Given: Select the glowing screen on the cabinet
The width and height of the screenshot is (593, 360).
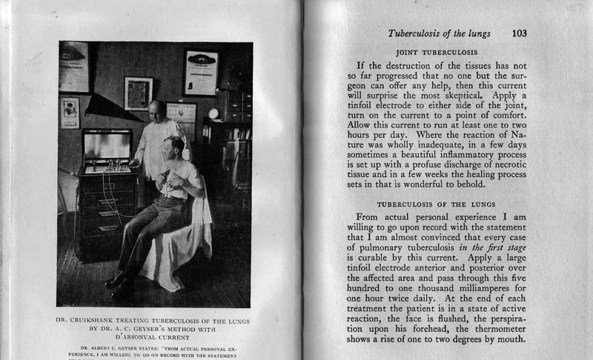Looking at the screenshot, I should tap(107, 147).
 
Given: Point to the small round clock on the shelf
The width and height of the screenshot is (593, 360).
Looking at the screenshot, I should tap(213, 113).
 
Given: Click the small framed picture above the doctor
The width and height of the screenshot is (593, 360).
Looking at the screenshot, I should tap(139, 93).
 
